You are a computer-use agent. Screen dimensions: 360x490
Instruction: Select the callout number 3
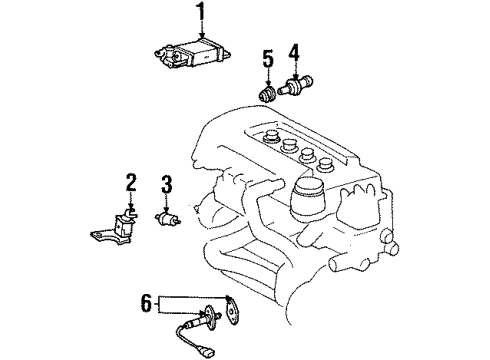point(167,184)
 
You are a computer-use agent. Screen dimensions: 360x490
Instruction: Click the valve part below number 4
point(297,86)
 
